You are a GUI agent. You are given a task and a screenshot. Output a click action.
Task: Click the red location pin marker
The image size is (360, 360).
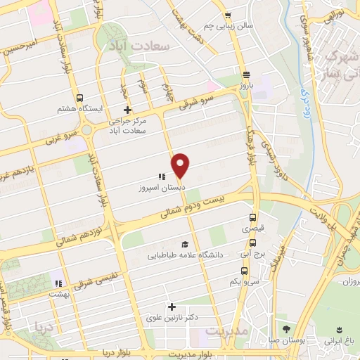181,165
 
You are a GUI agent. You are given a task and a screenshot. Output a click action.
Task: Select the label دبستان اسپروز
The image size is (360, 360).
160,189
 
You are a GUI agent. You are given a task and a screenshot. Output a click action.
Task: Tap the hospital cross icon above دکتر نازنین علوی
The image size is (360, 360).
172,307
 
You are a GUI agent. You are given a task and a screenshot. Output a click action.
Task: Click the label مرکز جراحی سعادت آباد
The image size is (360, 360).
127,126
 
